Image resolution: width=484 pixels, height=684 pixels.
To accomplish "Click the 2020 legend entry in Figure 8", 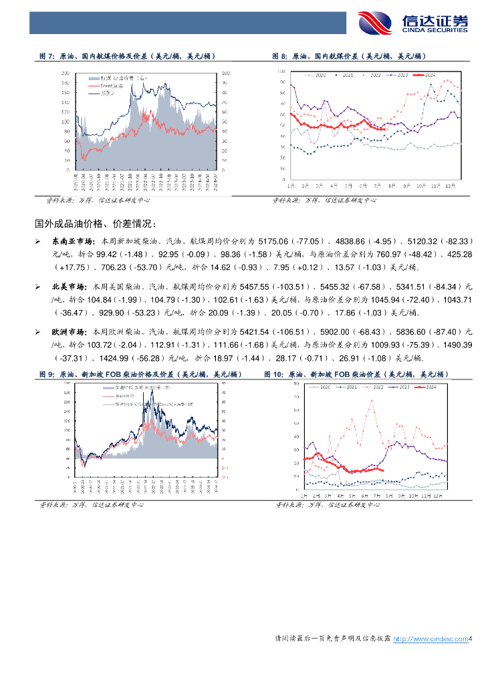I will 318,75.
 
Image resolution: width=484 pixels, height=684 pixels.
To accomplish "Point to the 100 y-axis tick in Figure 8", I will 283,70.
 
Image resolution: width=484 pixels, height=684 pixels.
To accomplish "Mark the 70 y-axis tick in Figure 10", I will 296,397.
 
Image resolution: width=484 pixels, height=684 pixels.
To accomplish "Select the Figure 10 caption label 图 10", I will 274,374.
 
